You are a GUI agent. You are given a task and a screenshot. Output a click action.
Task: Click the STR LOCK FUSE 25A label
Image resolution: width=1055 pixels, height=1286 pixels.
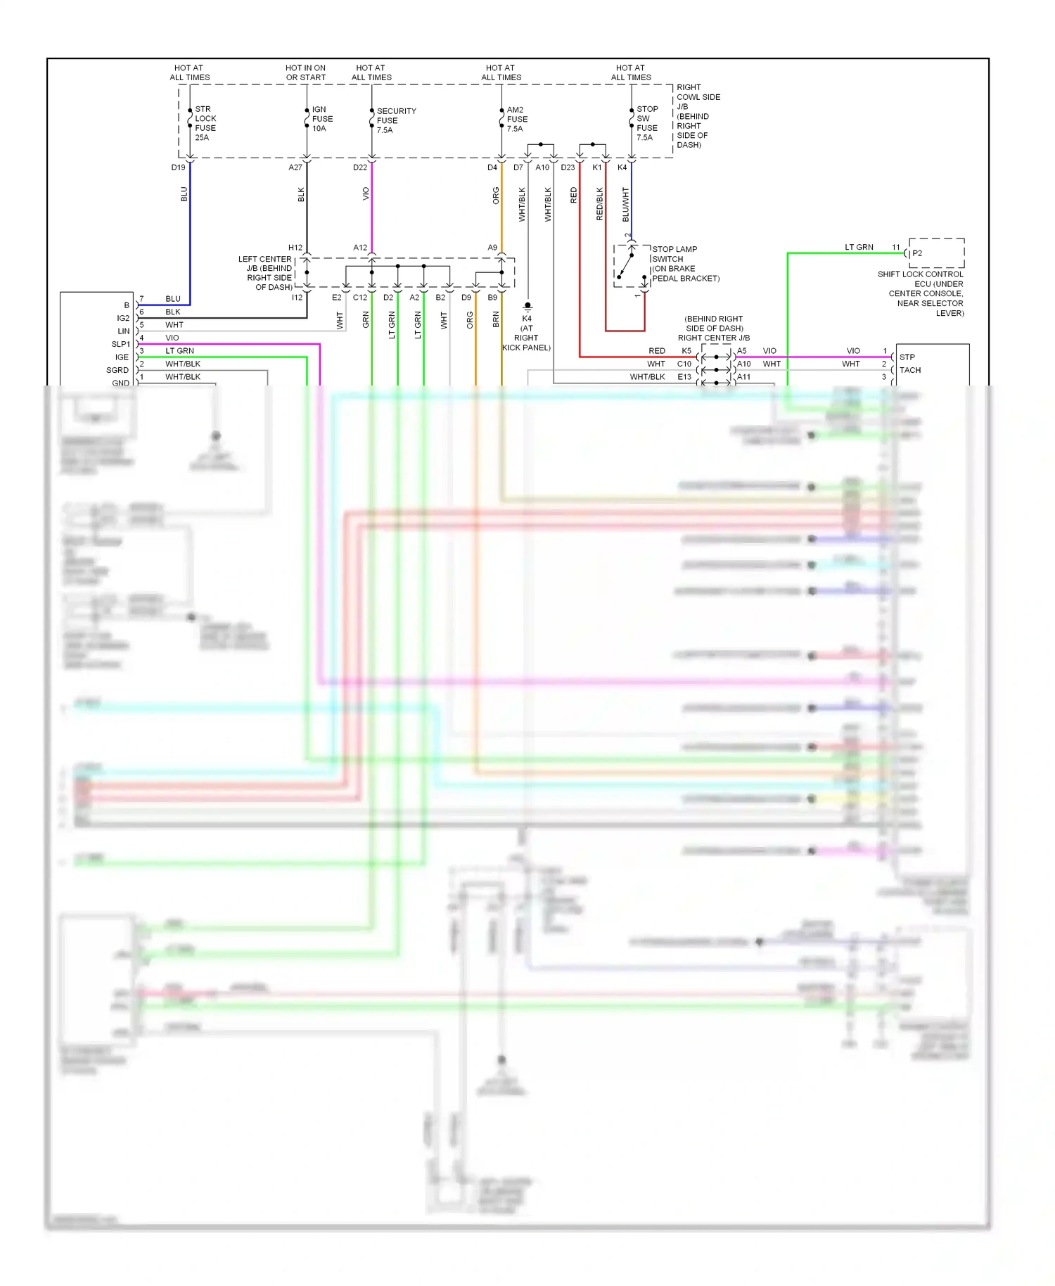pyautogui.click(x=205, y=123)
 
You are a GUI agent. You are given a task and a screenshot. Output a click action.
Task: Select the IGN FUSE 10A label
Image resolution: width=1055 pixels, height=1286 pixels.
pyautogui.click(x=321, y=119)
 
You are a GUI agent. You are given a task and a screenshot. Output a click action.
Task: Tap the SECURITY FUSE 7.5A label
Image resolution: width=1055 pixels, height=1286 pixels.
pyautogui.click(x=395, y=120)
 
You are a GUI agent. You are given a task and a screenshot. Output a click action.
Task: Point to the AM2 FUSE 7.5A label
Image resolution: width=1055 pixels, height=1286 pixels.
pyautogui.click(x=516, y=119)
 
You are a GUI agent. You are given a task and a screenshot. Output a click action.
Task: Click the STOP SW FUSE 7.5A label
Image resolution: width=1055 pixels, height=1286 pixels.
pyautogui.click(x=646, y=123)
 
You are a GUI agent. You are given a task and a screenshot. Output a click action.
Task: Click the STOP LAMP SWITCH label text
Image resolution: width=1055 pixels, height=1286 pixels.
pyautogui.click(x=674, y=254)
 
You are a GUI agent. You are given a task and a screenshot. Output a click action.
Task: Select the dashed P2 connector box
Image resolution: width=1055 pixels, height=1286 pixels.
pyautogui.click(x=936, y=253)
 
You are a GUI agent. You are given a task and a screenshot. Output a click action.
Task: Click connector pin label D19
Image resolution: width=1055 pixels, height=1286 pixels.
pyautogui.click(x=178, y=167)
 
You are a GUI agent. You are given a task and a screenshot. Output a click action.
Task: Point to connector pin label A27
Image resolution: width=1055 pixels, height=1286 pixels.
pyautogui.click(x=295, y=167)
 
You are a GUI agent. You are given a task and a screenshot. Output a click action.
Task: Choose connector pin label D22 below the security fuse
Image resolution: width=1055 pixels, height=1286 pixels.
pyautogui.click(x=359, y=167)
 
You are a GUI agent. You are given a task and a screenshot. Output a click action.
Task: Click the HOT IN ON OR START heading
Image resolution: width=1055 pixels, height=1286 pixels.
pyautogui.click(x=305, y=72)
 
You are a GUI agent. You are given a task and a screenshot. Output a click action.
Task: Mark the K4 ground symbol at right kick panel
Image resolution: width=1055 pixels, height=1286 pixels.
pyautogui.click(x=527, y=307)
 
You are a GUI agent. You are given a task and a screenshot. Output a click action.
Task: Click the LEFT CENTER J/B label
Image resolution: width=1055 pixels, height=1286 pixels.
pyautogui.click(x=265, y=273)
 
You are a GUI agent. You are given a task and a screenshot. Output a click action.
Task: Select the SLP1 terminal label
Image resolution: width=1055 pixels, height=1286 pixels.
pyautogui.click(x=120, y=344)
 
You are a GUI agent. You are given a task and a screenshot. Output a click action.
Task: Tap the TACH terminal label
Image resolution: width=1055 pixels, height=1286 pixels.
pyautogui.click(x=909, y=370)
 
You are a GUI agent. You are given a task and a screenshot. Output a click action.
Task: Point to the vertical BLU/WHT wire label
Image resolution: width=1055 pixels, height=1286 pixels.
pyautogui.click(x=625, y=204)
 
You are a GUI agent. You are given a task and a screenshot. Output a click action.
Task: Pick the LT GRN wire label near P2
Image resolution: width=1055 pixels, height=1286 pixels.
pyautogui.click(x=859, y=247)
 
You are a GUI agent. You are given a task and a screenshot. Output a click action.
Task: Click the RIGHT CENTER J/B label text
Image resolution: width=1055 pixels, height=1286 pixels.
pyautogui.click(x=713, y=338)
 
